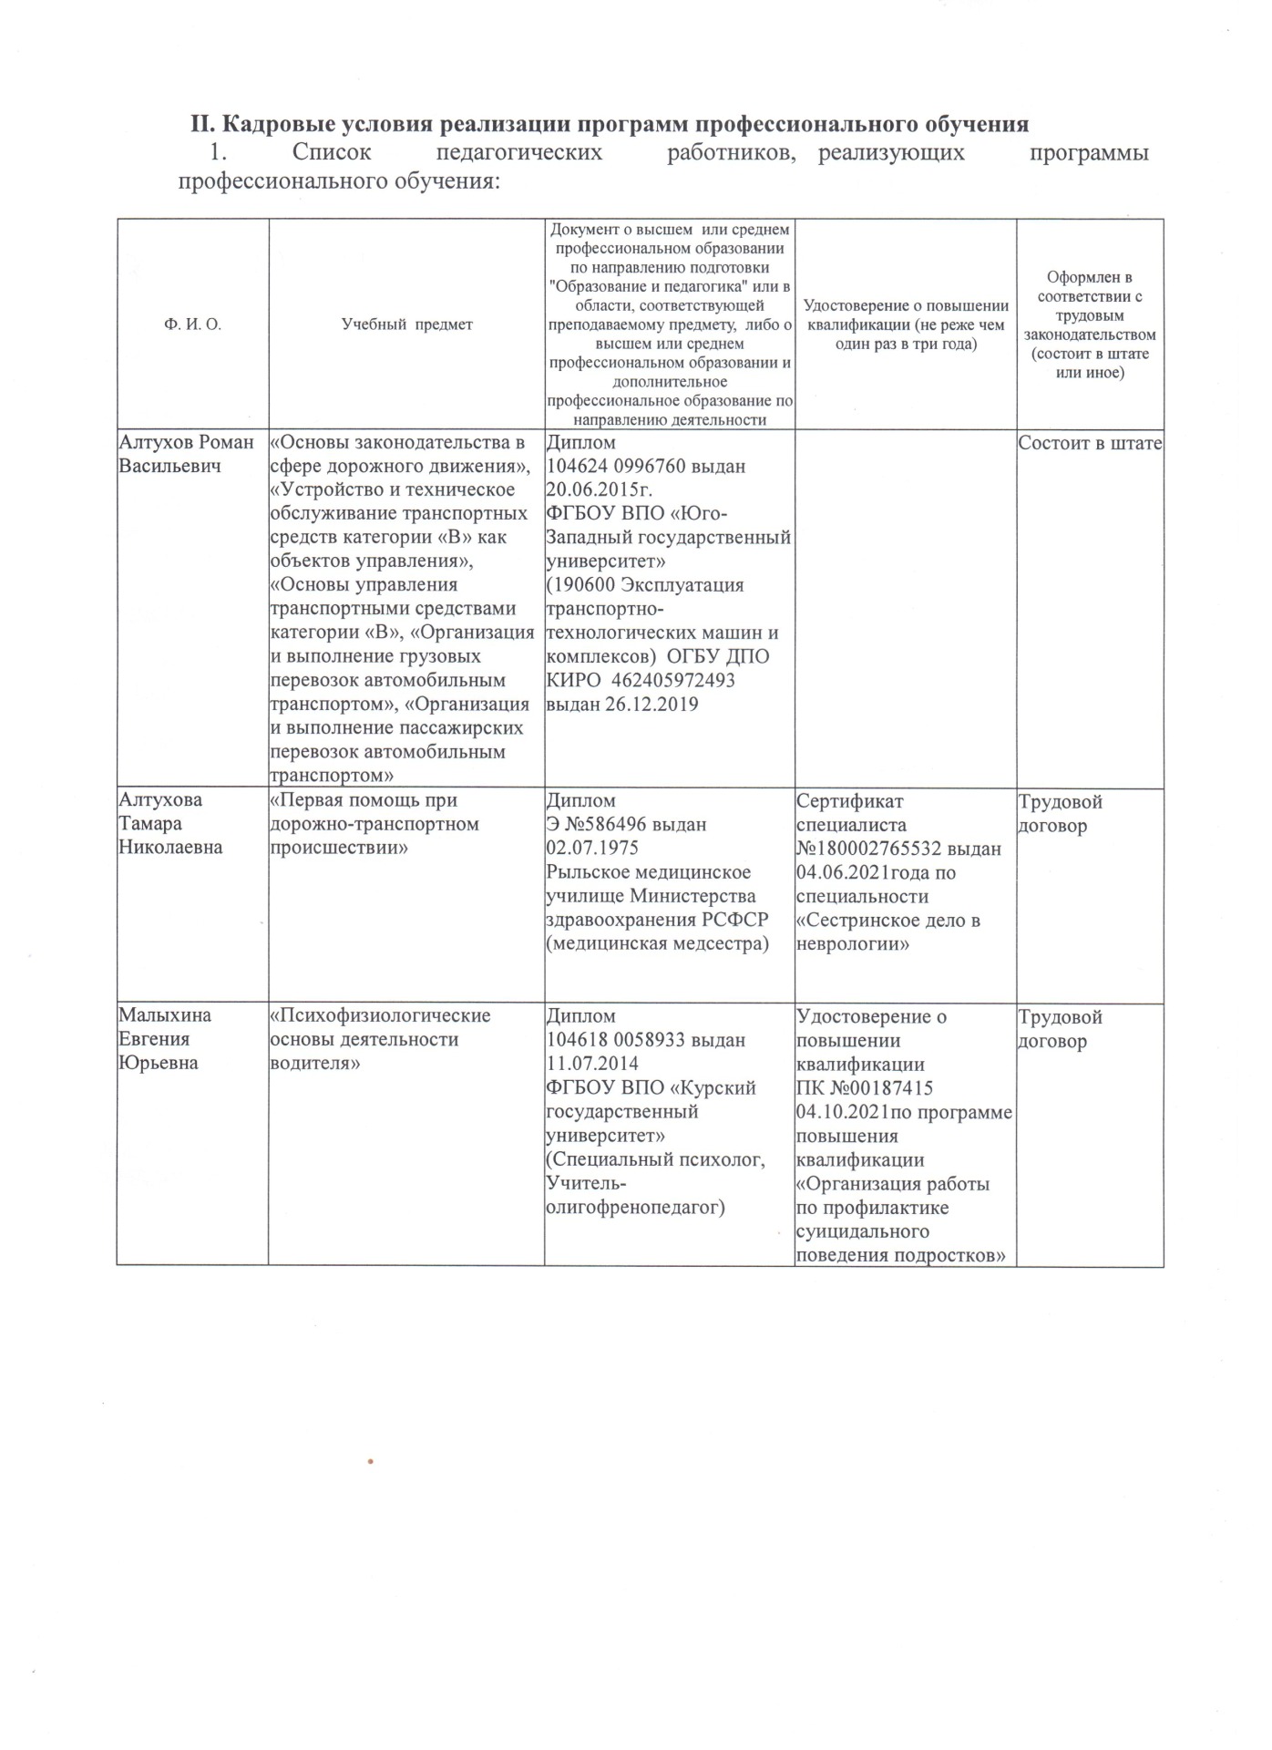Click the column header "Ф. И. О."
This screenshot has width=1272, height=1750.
192,324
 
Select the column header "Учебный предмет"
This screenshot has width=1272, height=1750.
406,324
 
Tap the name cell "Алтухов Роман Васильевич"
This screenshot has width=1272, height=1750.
187,454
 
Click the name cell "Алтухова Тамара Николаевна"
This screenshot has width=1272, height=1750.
170,823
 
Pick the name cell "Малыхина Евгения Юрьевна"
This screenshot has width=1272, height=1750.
165,1039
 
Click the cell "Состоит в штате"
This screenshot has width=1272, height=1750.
1090,444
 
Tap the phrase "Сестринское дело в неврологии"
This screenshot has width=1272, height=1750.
887,932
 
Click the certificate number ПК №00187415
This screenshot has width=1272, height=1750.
865,1088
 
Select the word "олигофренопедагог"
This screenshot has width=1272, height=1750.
634,1208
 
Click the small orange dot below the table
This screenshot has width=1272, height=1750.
372,1462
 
